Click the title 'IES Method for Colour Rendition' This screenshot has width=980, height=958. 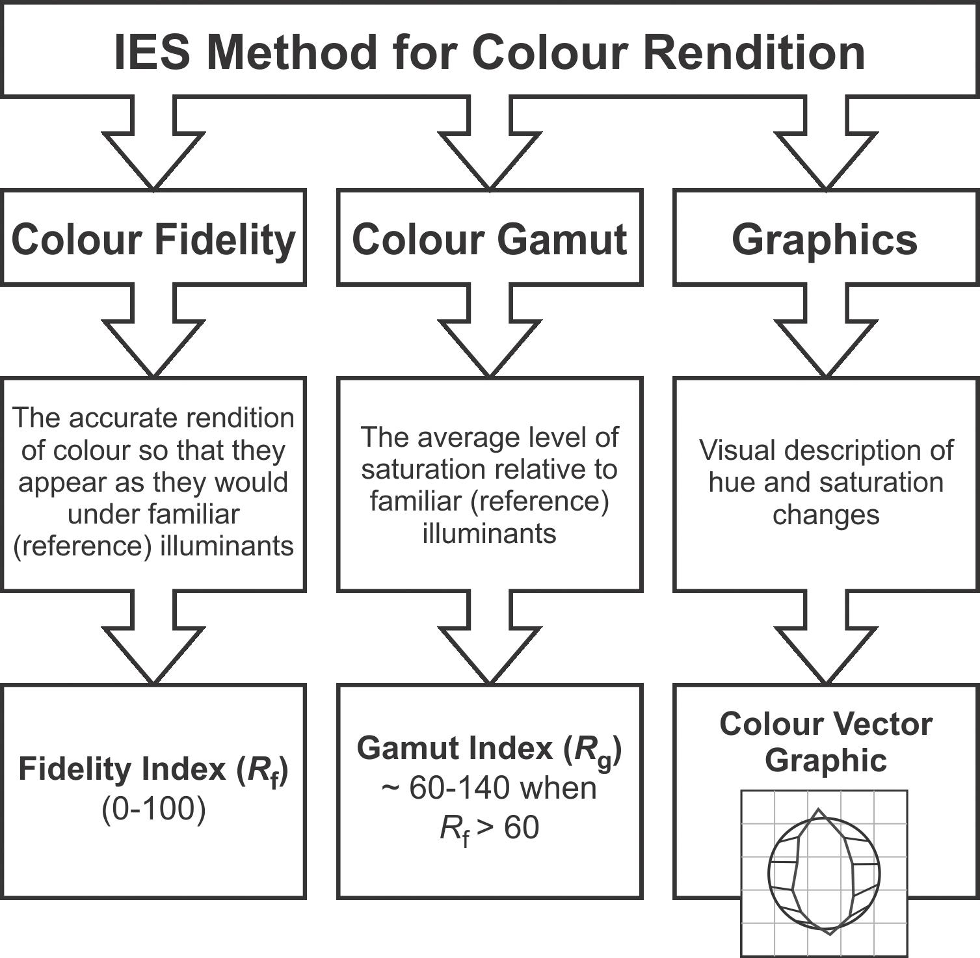[489, 52]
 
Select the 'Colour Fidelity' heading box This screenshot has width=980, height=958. [153, 238]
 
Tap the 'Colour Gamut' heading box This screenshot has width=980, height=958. [489, 238]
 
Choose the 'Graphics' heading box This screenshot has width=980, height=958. [825, 238]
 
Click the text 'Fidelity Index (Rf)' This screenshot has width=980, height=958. [153, 769]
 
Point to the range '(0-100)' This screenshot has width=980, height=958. [153, 809]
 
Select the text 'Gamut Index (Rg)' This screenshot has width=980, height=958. [489, 749]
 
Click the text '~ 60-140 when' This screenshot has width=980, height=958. [489, 788]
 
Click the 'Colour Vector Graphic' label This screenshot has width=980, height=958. [826, 741]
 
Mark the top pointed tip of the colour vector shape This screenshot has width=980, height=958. [819, 810]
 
